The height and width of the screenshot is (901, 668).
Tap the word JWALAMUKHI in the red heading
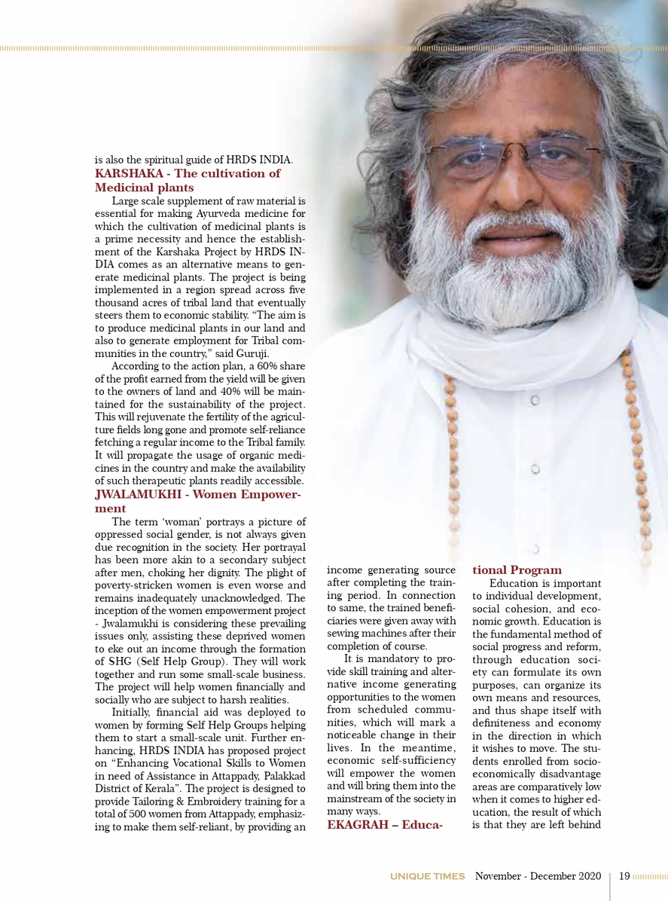(x=136, y=494)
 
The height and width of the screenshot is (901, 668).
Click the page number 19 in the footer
(x=624, y=876)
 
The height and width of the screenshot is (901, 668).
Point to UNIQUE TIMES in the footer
(x=427, y=876)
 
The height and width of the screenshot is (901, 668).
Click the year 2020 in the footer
(x=587, y=876)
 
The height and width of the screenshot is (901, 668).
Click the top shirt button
(x=533, y=402)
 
